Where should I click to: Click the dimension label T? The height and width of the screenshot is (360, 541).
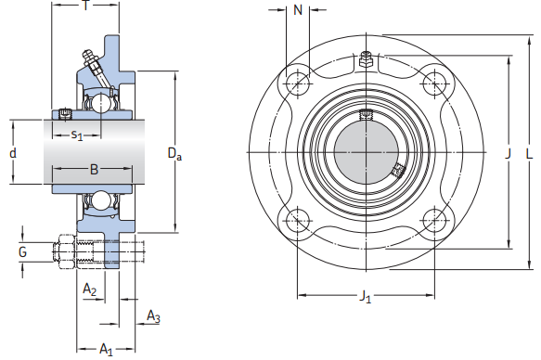[85, 6]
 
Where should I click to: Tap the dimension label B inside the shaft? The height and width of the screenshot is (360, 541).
[93, 169]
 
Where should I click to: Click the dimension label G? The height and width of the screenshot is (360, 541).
[22, 251]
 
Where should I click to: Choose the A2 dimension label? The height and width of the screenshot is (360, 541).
[90, 289]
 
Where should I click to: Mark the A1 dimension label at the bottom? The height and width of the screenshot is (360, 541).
[106, 350]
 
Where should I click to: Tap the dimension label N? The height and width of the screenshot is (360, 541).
[298, 10]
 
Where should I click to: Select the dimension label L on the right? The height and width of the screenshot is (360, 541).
[529, 153]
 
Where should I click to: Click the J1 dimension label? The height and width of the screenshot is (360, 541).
[365, 298]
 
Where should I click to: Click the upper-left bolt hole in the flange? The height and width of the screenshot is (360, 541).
[298, 84]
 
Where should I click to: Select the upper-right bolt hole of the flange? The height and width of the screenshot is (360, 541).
[434, 84]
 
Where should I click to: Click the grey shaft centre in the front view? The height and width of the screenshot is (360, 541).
[366, 152]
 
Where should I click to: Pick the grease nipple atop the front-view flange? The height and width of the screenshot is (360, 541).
[367, 60]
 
